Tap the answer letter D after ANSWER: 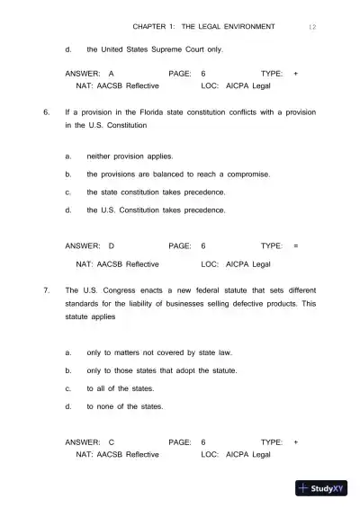pos(112,245)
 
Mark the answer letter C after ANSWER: pos(112,442)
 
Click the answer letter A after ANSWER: pos(111,70)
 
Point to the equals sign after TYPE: pos(296,245)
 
